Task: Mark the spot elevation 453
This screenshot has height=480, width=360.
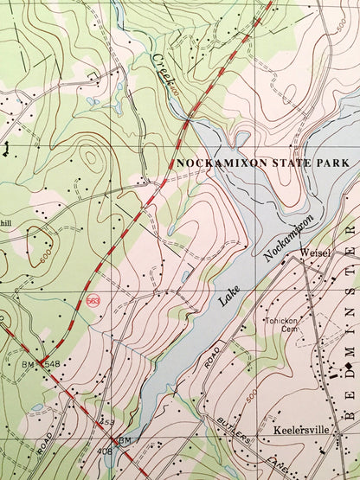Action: (107, 422)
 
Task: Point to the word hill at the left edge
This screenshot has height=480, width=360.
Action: (6, 222)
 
